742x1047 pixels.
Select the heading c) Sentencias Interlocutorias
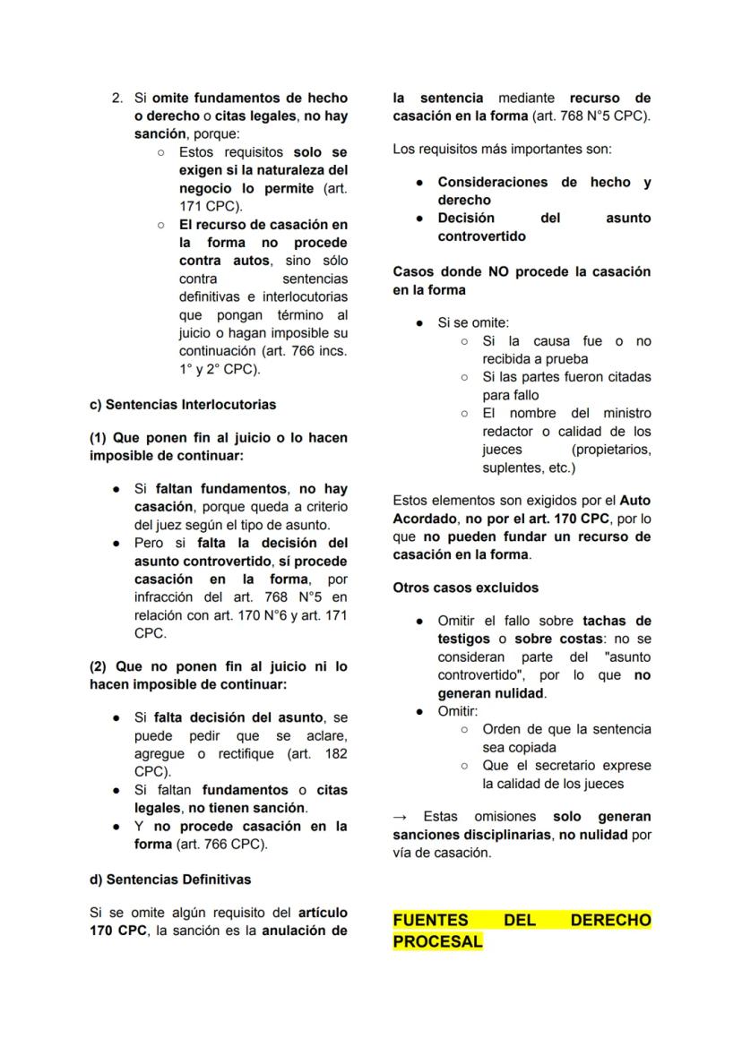pyautogui.click(x=183, y=405)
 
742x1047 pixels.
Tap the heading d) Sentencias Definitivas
pyautogui.click(x=170, y=879)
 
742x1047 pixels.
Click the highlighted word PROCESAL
pyautogui.click(x=437, y=942)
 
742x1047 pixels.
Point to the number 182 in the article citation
pyautogui.click(x=336, y=753)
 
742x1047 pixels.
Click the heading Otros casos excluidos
pyautogui.click(x=466, y=588)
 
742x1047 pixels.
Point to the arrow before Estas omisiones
pyautogui.click(x=400, y=817)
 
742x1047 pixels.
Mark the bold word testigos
pyautogui.click(x=463, y=639)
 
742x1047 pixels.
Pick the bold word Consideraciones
pyautogui.click(x=492, y=183)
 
